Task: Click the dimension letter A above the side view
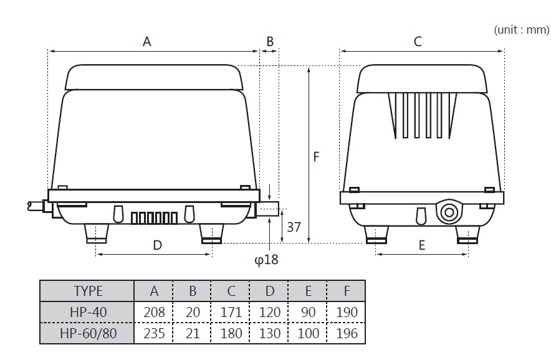[x=147, y=42]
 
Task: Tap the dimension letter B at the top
[x=270, y=42]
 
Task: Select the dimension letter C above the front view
[x=418, y=42]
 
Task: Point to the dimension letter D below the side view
[x=157, y=245]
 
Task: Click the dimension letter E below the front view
[x=421, y=245]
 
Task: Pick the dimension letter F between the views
[x=316, y=157]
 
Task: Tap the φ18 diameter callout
[x=266, y=259]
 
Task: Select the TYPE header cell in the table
[x=87, y=291]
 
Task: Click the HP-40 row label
[x=87, y=312]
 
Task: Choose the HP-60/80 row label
[x=87, y=333]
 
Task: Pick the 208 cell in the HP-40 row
[x=154, y=312]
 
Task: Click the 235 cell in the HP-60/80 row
[x=154, y=333]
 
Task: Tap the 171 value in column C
[x=231, y=312]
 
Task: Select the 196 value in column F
[x=347, y=333]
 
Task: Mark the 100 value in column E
[x=308, y=333]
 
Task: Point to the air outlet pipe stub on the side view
[x=269, y=209]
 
